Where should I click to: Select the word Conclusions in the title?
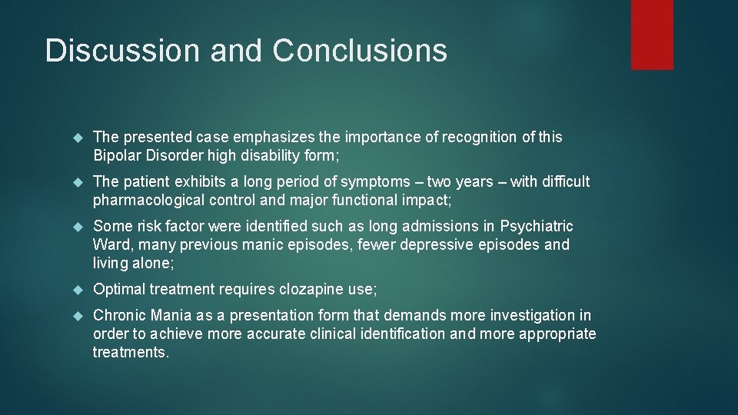[360, 51]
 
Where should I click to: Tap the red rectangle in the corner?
[652, 35]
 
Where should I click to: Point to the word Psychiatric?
[537, 226]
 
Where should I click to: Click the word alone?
[153, 264]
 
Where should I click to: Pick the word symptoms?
[362, 181]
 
